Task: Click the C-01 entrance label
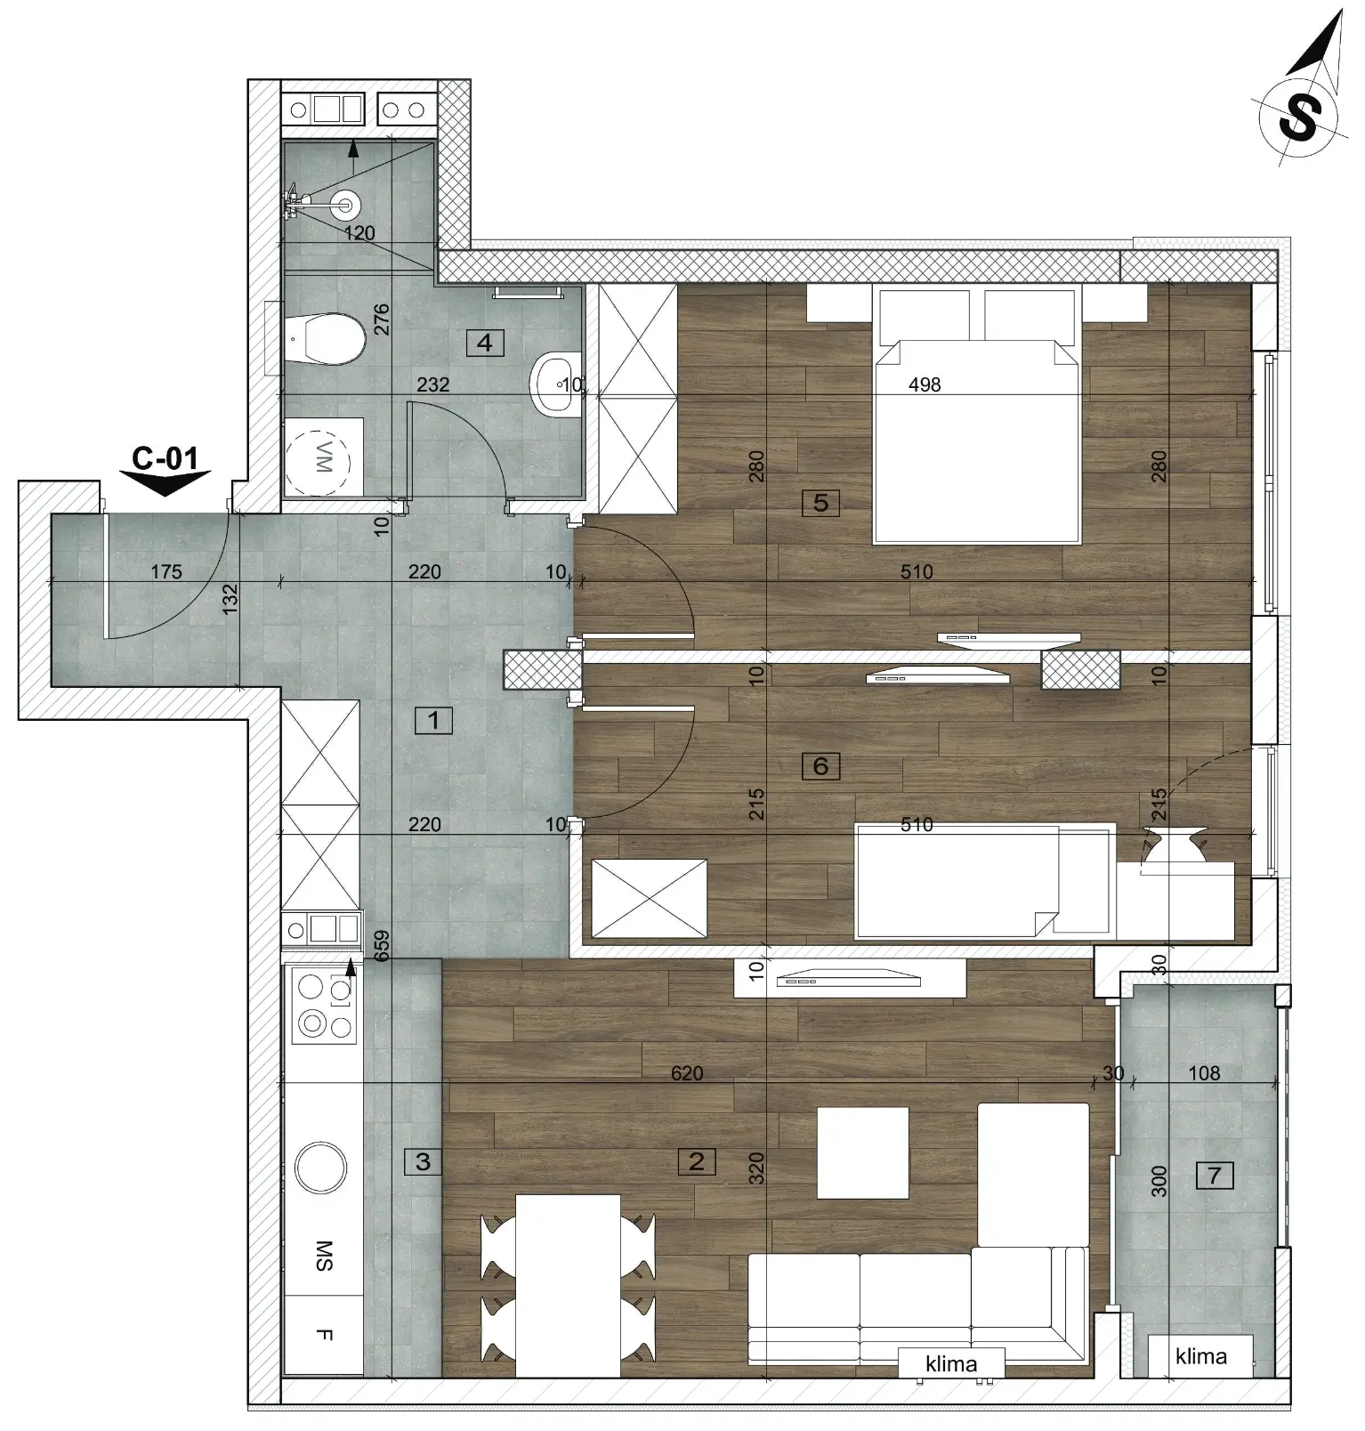(x=165, y=458)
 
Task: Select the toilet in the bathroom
(x=324, y=338)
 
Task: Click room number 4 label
(x=485, y=343)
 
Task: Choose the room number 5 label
(x=820, y=503)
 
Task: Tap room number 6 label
(x=820, y=765)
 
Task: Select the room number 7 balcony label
(x=1215, y=1176)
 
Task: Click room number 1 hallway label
(x=433, y=720)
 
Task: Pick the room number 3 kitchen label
(x=423, y=1161)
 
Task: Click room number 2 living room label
(x=696, y=1160)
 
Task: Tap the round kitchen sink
(x=320, y=1167)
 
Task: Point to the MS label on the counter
(x=324, y=1256)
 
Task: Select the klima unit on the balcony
(x=1200, y=1356)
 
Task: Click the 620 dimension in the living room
(x=687, y=1073)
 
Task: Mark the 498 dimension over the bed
(x=925, y=384)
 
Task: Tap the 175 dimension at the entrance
(x=166, y=571)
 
